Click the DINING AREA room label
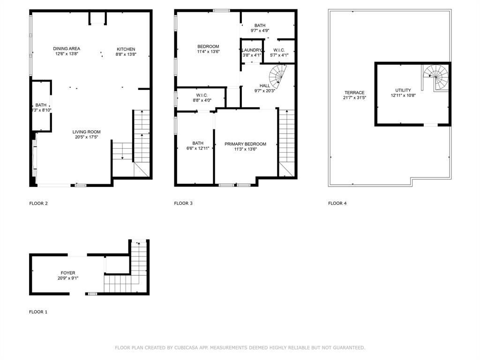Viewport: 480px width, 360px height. [x=66, y=49]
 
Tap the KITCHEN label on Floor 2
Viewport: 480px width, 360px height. [x=126, y=49]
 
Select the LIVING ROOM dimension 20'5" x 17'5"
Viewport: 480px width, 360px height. [x=86, y=137]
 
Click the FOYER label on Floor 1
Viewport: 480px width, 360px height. [x=67, y=273]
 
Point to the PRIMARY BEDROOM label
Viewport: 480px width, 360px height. [x=245, y=144]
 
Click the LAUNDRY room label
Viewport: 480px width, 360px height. [x=252, y=50]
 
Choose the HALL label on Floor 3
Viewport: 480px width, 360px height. [x=265, y=86]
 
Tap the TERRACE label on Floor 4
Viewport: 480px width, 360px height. [x=354, y=93]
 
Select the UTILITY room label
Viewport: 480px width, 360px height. [x=403, y=90]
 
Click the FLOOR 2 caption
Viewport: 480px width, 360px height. [x=38, y=203]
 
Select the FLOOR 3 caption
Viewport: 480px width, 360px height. [x=183, y=203]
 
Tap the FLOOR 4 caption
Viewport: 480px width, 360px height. [x=337, y=203]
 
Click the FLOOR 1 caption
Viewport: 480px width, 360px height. [x=38, y=312]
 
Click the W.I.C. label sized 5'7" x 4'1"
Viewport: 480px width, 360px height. [x=279, y=50]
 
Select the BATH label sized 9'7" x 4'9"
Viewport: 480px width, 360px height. [x=260, y=25]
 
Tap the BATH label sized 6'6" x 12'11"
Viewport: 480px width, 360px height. [x=197, y=143]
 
